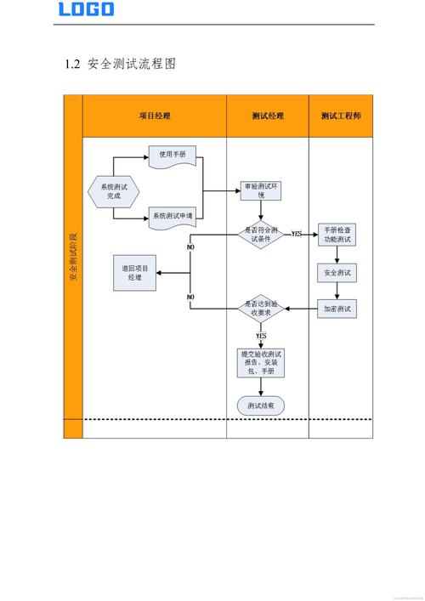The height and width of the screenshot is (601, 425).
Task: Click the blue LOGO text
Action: point(86,9)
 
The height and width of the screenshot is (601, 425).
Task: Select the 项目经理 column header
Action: point(154,116)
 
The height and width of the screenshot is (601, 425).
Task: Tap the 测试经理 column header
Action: point(268,116)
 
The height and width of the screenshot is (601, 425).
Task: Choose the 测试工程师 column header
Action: point(341,116)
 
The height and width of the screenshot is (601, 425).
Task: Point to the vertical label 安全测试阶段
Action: point(73,255)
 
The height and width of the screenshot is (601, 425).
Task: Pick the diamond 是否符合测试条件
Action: point(260,234)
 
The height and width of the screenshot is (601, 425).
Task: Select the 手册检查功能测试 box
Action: point(337,235)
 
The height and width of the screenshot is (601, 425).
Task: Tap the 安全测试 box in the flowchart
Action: point(337,273)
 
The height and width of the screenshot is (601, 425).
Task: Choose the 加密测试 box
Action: point(337,309)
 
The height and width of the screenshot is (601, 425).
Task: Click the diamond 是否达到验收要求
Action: point(259,308)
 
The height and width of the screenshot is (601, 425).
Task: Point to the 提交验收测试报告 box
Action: point(261,363)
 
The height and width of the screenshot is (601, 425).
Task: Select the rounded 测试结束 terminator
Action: point(261,406)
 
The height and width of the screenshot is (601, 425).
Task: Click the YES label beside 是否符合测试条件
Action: point(297,233)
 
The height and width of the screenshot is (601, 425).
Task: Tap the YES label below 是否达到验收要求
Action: point(261,336)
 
